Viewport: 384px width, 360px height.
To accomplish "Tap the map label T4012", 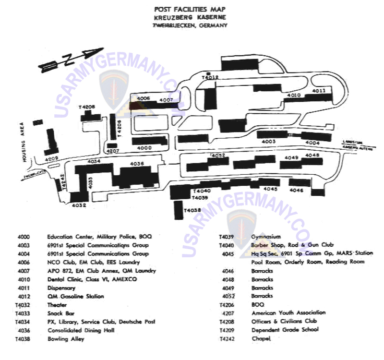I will [210, 77].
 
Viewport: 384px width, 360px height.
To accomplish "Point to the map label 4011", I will [319, 91].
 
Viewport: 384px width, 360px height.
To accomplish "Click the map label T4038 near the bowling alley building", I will [193, 210].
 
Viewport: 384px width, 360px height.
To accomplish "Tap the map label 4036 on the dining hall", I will [137, 164].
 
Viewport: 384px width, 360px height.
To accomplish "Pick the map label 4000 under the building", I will [144, 148].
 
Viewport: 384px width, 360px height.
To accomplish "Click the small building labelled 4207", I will [112, 145].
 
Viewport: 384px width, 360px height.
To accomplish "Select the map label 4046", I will [297, 191].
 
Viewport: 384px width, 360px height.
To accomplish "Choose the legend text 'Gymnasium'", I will [266, 237].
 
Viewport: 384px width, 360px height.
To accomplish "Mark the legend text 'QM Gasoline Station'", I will [75, 297].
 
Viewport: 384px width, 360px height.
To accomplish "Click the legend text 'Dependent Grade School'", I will [285, 330].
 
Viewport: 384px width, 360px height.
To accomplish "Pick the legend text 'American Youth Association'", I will [288, 313].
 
